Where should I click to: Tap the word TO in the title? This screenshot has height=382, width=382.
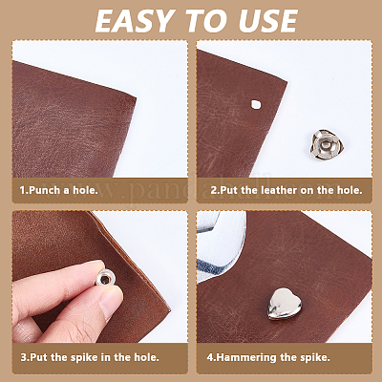coord(209,21)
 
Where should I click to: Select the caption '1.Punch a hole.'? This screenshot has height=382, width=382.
coord(58,190)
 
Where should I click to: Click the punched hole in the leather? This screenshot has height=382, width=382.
coord(256,105)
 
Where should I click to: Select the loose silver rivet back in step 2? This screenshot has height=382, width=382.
coord(327,145)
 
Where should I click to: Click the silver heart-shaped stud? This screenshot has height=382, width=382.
coord(284,304)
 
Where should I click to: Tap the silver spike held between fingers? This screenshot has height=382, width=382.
coord(105,279)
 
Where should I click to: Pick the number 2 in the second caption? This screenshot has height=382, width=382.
coord(213,190)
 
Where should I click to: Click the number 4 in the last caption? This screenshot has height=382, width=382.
coord(210,357)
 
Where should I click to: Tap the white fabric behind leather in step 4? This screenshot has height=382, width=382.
coord(222,248)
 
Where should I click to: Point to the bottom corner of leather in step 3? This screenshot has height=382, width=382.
coord(169,308)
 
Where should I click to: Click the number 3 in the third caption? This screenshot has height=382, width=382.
coord(24,357)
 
